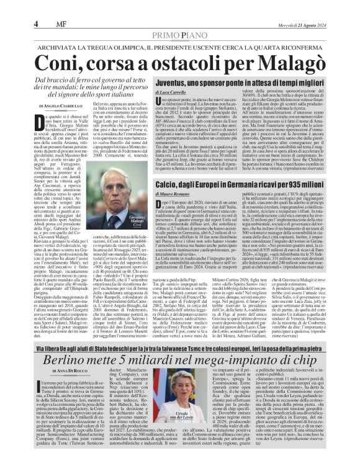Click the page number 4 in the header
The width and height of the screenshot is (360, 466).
click(x=36, y=24)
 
